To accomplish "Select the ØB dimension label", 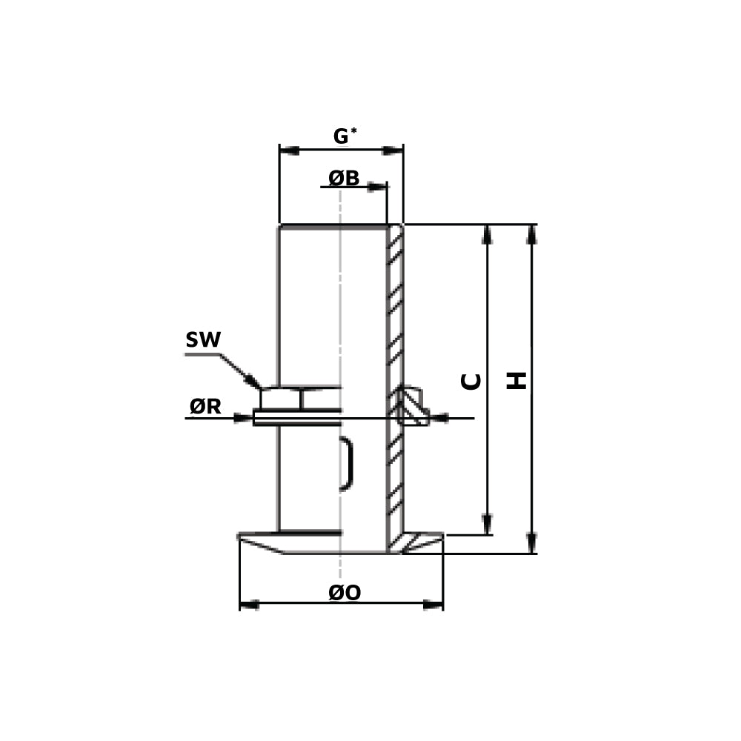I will pyautogui.click(x=344, y=179).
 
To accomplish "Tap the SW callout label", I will pyautogui.click(x=203, y=340).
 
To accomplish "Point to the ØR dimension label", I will pyautogui.click(x=205, y=406).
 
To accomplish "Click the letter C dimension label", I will pyautogui.click(x=471, y=381).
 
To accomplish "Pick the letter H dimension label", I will pyautogui.click(x=516, y=381).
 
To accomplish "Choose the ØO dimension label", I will pyautogui.click(x=345, y=594).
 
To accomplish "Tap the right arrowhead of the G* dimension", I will pyautogui.click(x=393, y=150).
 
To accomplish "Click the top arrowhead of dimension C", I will pyautogui.click(x=487, y=234).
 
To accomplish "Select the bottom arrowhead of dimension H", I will pyautogui.click(x=532, y=543).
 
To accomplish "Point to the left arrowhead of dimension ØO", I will pyautogui.click(x=250, y=605).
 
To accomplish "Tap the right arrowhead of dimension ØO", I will pyautogui.click(x=433, y=605).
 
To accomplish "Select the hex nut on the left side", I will pyautogui.click(x=282, y=399).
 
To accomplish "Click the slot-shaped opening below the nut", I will pyautogui.click(x=346, y=463).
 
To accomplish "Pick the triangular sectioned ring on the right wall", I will pyautogui.click(x=411, y=407).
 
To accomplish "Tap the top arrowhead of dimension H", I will pyautogui.click(x=532, y=234).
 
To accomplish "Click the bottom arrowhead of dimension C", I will pyautogui.click(x=487, y=524).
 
